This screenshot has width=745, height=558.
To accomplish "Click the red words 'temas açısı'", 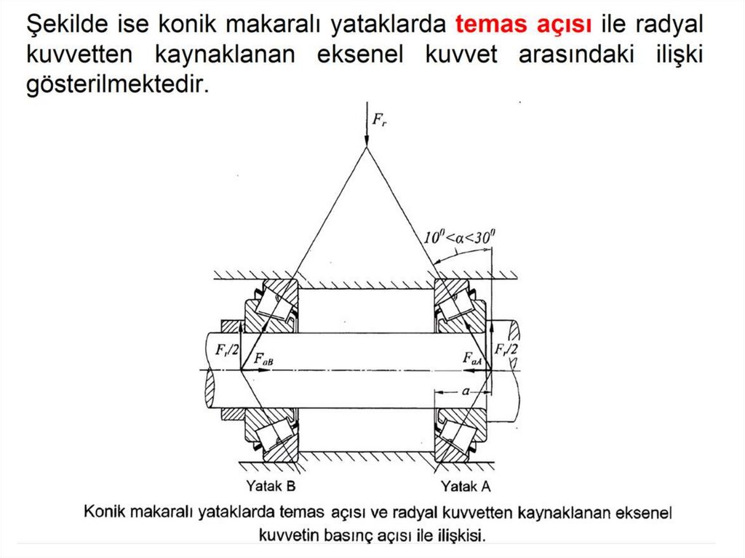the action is (x=523, y=24).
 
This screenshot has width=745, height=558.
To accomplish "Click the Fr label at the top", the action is (x=379, y=119).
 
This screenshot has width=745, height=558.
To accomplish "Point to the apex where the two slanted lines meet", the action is (x=367, y=148).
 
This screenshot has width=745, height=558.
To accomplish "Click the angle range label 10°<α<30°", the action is (x=459, y=236).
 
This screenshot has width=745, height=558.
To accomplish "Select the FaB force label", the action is (x=263, y=359).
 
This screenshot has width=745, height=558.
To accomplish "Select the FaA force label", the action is (x=472, y=358).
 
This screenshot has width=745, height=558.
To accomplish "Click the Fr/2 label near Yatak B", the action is (x=227, y=350).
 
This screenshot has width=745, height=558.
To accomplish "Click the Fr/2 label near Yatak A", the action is (x=506, y=349).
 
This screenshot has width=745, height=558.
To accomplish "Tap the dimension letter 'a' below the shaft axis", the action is (x=466, y=391).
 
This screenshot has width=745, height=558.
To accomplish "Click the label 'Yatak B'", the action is (x=271, y=486).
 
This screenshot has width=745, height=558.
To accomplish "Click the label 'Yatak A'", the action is (x=466, y=486).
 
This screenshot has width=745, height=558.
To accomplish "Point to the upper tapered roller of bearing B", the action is (x=274, y=303).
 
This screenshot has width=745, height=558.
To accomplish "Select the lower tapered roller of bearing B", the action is (x=274, y=437).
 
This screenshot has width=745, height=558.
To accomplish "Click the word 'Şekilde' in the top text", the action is (x=68, y=25).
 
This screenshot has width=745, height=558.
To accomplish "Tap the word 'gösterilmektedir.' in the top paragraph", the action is (x=118, y=85).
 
